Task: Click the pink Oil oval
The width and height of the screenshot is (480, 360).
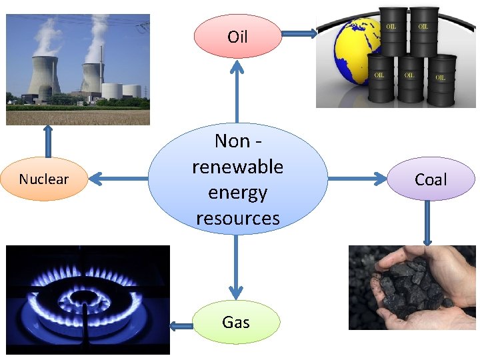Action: click(237, 36)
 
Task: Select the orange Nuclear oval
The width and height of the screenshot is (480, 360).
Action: click(44, 179)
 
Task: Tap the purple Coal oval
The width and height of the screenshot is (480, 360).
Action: click(431, 179)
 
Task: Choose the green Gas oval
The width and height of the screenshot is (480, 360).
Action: click(236, 323)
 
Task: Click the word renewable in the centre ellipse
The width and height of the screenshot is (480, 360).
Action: click(237, 166)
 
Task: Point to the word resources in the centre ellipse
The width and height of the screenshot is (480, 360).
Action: click(237, 218)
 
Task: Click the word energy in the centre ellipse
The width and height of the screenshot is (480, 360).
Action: click(237, 192)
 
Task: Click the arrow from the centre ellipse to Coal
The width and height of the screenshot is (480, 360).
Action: click(357, 179)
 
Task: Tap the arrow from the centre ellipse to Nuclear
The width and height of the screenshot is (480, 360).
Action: click(117, 178)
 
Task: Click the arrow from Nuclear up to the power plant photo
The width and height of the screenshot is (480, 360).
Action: click(47, 141)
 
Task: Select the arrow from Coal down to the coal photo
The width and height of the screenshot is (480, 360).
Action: click(427, 223)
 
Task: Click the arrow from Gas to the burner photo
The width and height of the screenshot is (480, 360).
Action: click(179, 326)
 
